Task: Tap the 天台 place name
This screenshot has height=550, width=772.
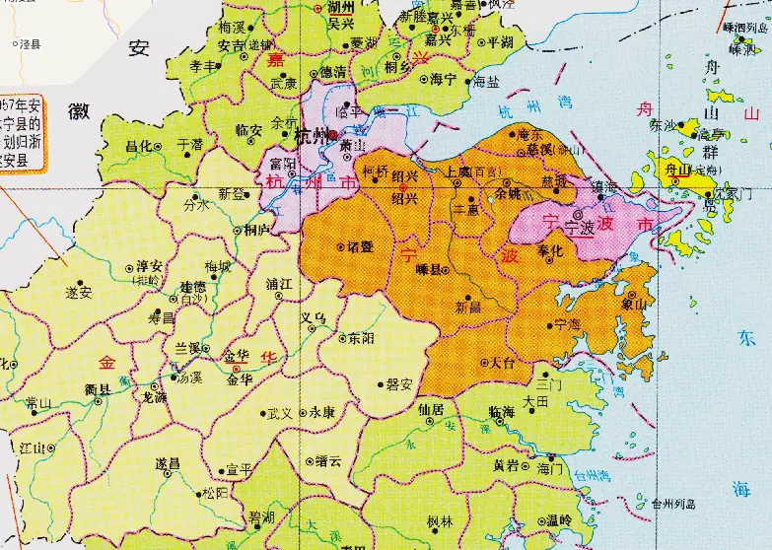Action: (503, 363)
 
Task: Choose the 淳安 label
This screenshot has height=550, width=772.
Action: (149, 266)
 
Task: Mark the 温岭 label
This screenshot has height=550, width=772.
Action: (558, 519)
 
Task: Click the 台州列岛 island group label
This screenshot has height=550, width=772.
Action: (673, 504)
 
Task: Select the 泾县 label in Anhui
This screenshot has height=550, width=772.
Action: (34, 44)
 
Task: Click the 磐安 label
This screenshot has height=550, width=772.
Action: (398, 384)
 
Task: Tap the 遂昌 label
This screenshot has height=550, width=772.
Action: (168, 462)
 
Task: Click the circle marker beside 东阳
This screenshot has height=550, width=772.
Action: (341, 338)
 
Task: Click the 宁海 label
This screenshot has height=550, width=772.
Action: (567, 323)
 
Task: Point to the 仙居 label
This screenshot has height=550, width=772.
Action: (431, 407)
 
